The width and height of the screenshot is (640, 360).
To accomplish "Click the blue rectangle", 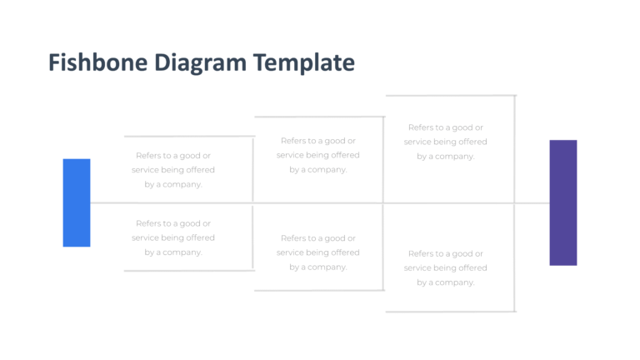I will tap(77, 202).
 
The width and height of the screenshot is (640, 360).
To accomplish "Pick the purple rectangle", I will tap(563, 202).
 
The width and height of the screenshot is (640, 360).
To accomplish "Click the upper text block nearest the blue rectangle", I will tap(173, 170).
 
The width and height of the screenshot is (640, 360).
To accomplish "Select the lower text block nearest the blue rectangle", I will tap(173, 237).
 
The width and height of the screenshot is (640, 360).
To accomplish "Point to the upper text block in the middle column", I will tap(318, 155).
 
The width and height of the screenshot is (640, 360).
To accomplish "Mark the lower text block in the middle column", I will tap(318, 252).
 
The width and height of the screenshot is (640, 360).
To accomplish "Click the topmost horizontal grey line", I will tap(450, 96).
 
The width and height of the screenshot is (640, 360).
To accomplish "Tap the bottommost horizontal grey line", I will tap(450, 311).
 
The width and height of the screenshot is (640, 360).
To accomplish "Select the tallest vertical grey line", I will tap(515, 150).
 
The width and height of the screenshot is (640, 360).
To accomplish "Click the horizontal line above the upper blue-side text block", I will tap(189, 136).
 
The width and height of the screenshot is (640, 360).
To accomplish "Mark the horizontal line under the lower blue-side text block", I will tap(189, 271).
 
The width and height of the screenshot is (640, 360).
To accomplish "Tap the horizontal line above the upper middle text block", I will tap(319, 117).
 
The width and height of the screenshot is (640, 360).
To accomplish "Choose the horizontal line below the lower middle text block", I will tap(319, 290).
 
